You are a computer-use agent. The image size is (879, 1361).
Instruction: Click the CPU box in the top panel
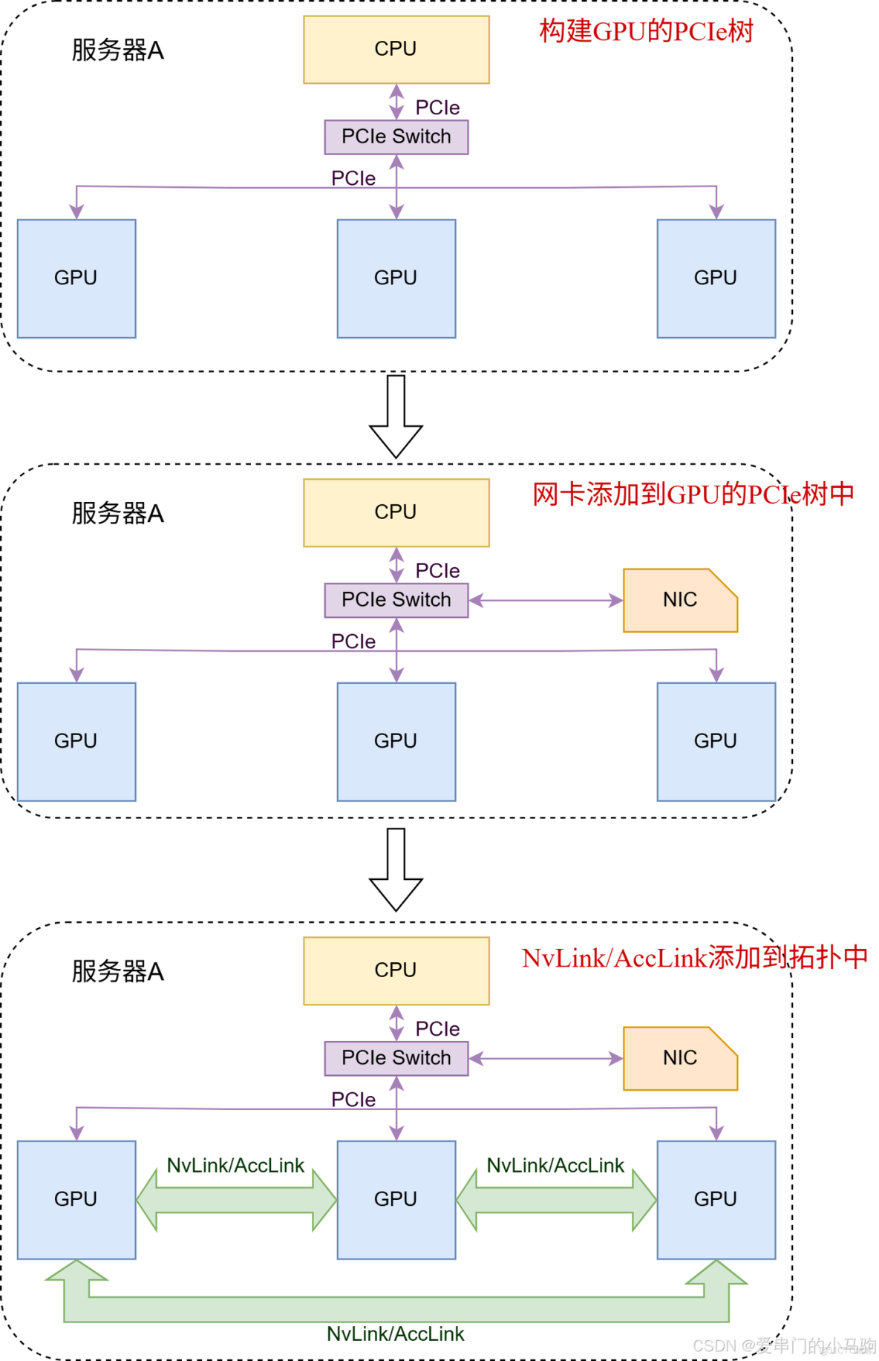396,49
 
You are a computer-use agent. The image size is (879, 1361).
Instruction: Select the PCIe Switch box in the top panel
396,137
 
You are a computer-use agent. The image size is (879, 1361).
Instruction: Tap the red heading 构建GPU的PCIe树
646,31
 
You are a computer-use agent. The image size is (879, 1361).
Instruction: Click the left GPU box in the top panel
76,278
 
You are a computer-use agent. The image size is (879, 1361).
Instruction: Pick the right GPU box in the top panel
716,278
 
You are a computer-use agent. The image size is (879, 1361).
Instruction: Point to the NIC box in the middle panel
679,600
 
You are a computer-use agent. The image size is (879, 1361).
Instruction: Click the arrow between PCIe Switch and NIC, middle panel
546,600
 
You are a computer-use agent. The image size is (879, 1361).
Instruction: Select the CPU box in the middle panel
396,512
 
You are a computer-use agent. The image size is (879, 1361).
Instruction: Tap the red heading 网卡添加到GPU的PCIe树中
693,495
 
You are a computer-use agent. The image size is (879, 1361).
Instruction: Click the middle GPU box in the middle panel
396,741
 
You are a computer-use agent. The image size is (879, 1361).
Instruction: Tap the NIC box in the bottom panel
679,1058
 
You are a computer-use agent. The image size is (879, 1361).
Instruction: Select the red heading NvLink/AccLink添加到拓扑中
694,958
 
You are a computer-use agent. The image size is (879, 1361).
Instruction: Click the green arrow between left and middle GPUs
236,1200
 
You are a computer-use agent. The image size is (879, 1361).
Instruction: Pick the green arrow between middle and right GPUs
556,1200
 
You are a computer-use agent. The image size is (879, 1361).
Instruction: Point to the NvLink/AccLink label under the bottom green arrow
395,1334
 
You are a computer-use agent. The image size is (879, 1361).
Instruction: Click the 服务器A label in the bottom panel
117,971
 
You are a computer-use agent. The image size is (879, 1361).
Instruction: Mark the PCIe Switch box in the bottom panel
396,1058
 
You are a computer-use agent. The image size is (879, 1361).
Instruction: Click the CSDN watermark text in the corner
783,1345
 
